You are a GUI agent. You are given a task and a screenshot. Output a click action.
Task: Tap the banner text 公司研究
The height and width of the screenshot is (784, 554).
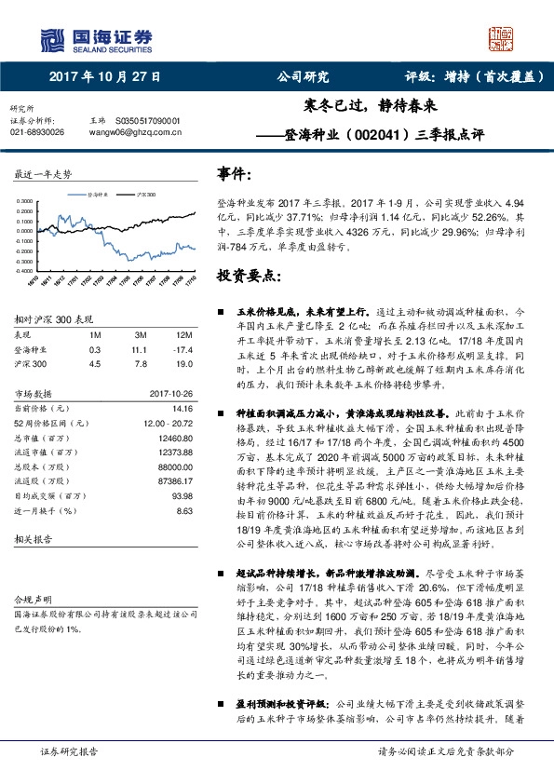[x=304, y=77]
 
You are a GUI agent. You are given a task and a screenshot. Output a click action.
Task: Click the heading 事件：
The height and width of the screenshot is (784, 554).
[x=235, y=174]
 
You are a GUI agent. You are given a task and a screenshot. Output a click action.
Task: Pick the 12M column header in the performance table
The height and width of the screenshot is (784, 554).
[x=184, y=334]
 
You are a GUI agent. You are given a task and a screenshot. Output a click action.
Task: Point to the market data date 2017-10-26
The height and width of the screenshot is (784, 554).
[x=170, y=393]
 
